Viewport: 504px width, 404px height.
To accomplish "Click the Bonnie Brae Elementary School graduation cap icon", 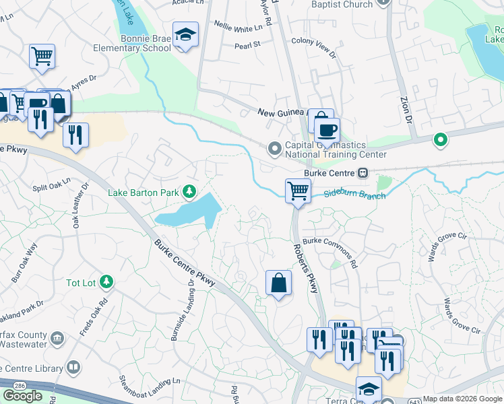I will [x=185, y=34].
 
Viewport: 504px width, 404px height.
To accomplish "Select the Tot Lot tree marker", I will [x=105, y=282].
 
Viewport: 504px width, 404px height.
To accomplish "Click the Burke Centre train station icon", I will [x=363, y=172].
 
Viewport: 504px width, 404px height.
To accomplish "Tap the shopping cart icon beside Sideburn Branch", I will [x=297, y=190].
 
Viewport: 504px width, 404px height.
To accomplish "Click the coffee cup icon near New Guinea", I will [x=327, y=130].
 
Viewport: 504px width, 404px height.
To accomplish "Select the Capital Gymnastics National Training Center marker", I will [x=274, y=147].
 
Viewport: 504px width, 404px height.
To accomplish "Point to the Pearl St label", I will [x=248, y=46].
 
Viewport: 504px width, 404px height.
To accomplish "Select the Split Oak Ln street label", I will [x=51, y=184].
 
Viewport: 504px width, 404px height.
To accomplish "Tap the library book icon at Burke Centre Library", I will [x=73, y=368].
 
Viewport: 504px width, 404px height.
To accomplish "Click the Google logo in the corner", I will [x=22, y=396].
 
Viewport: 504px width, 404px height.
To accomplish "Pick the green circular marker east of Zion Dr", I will [x=440, y=140].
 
